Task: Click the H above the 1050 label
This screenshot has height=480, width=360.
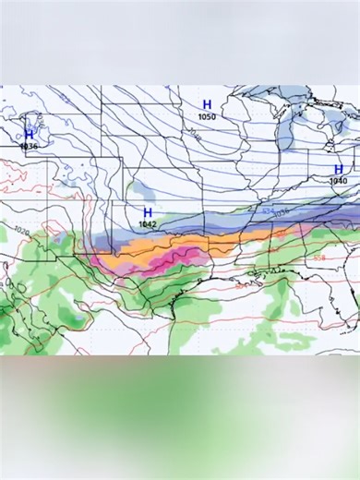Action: [207, 104]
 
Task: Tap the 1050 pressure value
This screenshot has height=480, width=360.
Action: [207, 116]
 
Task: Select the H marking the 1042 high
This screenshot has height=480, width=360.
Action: [147, 213]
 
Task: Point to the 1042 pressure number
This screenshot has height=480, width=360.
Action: [148, 224]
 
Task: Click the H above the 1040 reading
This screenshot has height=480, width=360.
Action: [339, 169]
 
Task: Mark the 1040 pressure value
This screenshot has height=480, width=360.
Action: [339, 181]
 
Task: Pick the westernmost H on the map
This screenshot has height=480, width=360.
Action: [29, 135]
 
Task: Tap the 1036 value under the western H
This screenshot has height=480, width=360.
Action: [29, 147]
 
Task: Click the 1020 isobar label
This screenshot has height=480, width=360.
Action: [22, 231]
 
